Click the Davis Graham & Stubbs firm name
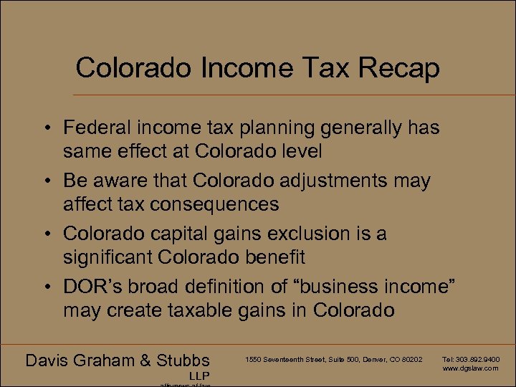118,360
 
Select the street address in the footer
334,359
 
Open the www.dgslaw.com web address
471,368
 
